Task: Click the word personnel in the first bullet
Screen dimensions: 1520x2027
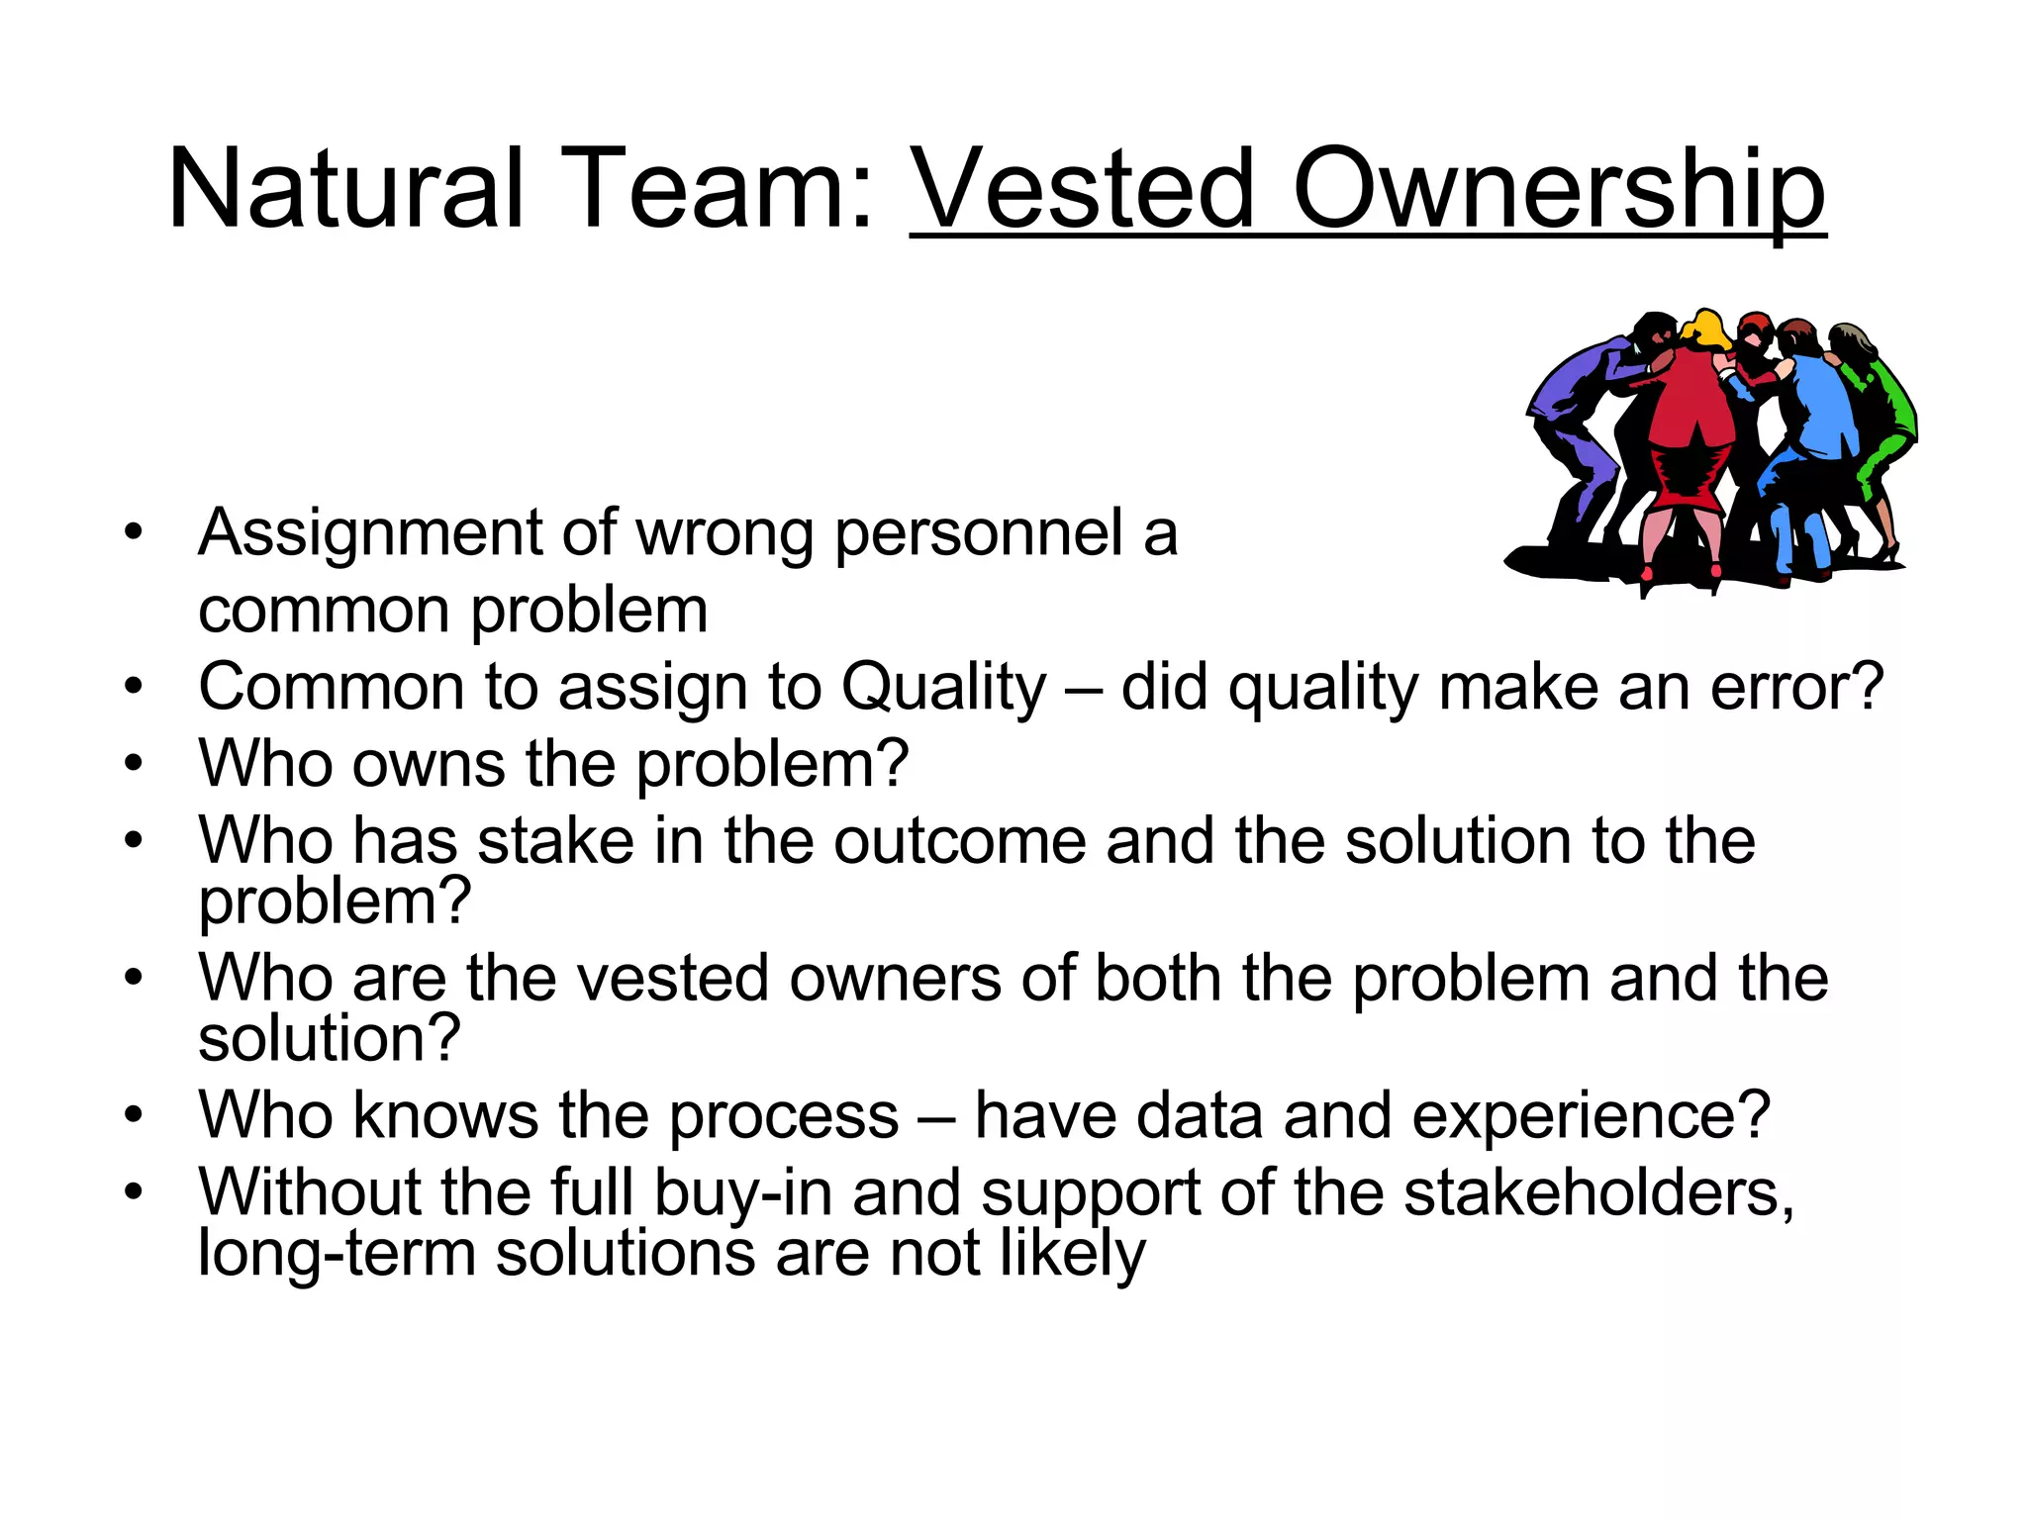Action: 979,534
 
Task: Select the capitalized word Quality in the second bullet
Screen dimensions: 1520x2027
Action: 943,688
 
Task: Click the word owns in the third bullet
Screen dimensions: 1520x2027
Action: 428,764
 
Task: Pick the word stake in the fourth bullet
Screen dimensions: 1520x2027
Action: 555,841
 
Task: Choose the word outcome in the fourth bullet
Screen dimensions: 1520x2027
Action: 959,841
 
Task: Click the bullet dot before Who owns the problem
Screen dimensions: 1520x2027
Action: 134,764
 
